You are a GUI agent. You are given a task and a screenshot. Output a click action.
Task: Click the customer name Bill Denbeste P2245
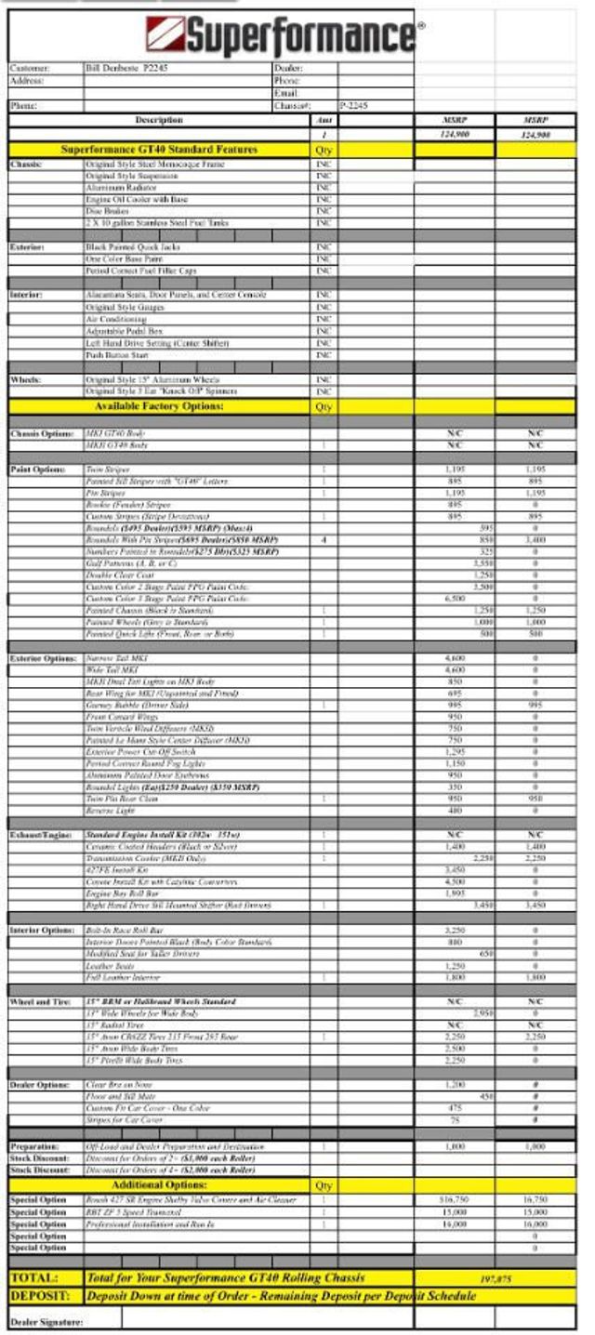pos(126,69)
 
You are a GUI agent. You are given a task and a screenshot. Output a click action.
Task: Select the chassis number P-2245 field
pos(354,106)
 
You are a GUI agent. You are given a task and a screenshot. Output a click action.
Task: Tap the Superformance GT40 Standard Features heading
pos(159,150)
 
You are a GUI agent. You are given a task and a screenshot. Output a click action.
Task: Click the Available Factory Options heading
pos(159,406)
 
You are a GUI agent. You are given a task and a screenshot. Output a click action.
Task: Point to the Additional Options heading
pos(159,1185)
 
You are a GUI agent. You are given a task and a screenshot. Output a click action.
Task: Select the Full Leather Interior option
pos(122,977)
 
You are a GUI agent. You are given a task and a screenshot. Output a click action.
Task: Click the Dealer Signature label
pos(46,1321)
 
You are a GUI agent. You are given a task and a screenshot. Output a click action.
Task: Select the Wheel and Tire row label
pos(41,1001)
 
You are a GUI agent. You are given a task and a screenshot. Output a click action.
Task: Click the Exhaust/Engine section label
pos(41,835)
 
